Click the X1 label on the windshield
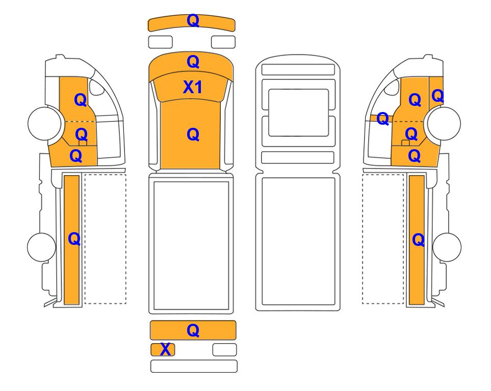(x=193, y=87)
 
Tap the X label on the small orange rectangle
(x=165, y=349)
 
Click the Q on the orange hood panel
(x=193, y=62)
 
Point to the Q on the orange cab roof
(x=193, y=135)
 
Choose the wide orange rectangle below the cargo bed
(x=193, y=330)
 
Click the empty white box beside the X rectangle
(x=224, y=350)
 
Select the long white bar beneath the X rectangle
(x=194, y=366)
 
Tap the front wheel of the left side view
(x=44, y=123)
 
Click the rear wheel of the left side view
(x=42, y=247)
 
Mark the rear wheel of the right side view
(x=447, y=247)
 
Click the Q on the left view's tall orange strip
(x=74, y=239)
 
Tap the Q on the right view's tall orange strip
(x=419, y=240)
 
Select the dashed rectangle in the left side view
(x=105, y=239)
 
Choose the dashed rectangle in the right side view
(x=383, y=239)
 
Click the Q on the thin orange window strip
(x=383, y=119)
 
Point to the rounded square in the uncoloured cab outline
(x=298, y=113)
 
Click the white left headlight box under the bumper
(x=160, y=42)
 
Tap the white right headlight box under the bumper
(x=223, y=42)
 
